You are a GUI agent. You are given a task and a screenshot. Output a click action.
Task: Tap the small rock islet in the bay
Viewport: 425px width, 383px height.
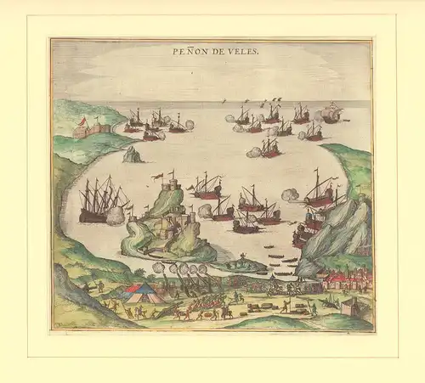tap(132, 155)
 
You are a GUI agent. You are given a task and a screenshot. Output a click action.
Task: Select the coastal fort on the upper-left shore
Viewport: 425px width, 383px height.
tap(91, 129)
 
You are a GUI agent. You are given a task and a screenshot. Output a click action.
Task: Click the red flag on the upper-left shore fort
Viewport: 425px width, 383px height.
tap(82, 121)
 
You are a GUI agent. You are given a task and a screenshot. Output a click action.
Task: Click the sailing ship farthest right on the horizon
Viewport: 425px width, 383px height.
tap(331, 113)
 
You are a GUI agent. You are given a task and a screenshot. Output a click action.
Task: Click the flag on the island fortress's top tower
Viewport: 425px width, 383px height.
tap(158, 175)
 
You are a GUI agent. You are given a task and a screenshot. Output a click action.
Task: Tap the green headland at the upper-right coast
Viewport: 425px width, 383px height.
tap(348, 166)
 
